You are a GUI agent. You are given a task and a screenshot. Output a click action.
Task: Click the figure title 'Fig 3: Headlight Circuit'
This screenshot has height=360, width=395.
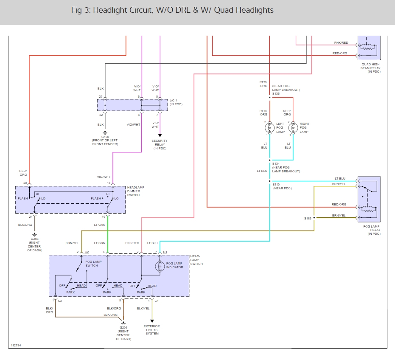[x=172, y=10]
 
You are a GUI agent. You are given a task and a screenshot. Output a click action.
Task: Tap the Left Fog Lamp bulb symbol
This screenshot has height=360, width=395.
[x=268, y=128]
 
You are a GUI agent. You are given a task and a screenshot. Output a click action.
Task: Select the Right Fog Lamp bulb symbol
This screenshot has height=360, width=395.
[x=292, y=128]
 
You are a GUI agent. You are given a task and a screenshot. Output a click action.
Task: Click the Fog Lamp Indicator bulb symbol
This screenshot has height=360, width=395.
[x=161, y=266]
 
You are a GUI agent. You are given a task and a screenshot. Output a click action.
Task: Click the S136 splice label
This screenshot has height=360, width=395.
[x=276, y=93]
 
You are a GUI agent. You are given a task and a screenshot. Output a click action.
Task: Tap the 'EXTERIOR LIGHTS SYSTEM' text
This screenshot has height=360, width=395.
[x=152, y=330]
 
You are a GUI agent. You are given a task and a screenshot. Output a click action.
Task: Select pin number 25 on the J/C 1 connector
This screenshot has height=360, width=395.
[x=101, y=97]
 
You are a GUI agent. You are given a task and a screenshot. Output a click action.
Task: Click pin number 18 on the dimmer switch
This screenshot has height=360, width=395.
[x=109, y=183]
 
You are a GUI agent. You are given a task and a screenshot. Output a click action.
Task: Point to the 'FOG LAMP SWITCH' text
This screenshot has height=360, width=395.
[x=92, y=264]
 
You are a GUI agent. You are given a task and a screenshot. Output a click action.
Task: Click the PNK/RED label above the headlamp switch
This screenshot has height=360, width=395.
[x=132, y=243]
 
